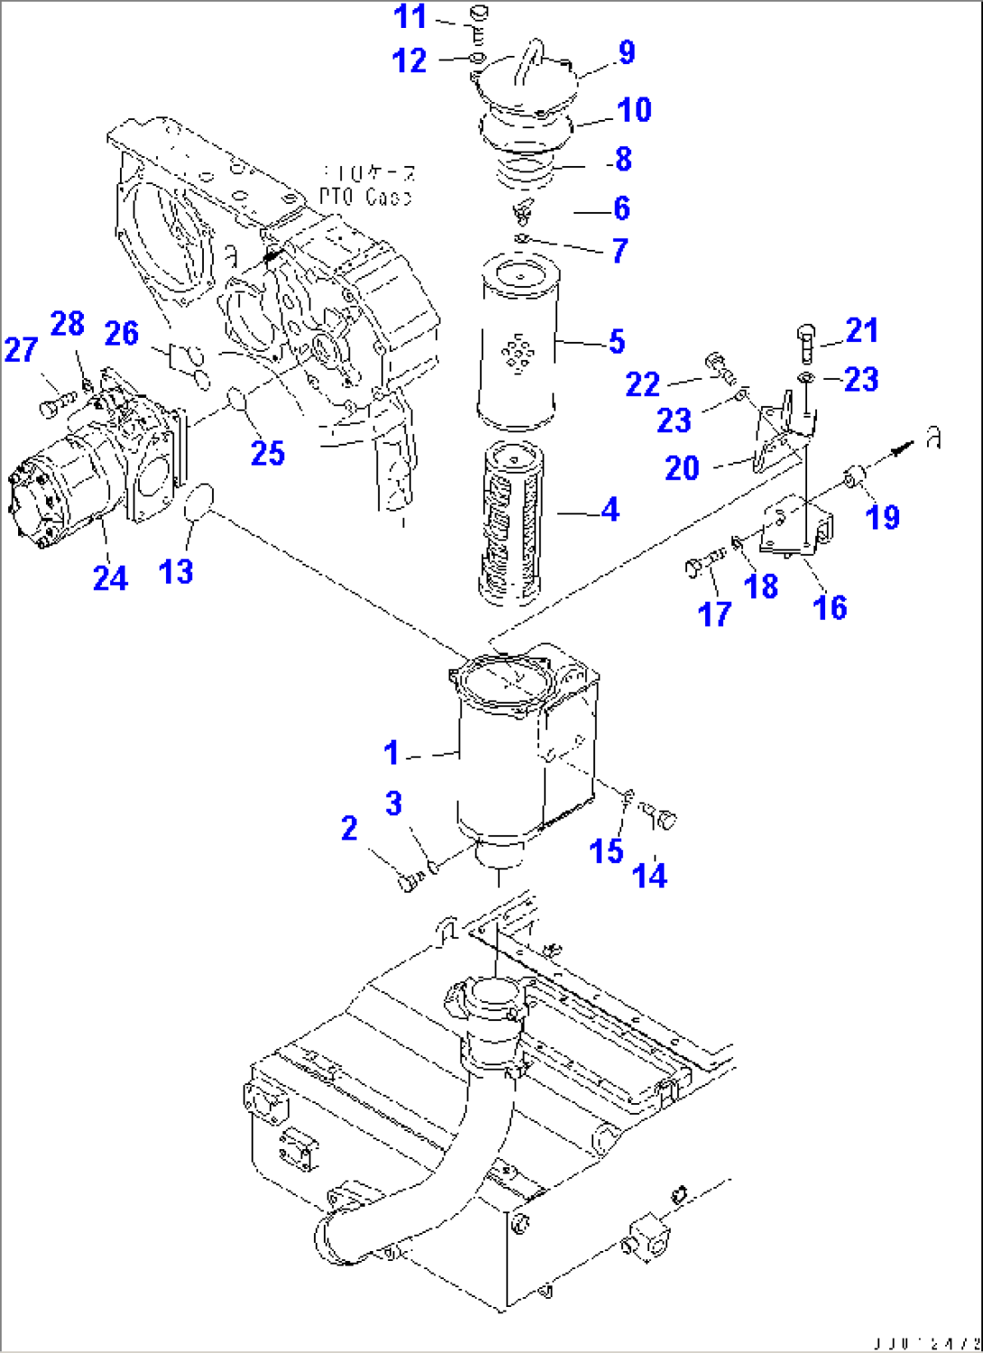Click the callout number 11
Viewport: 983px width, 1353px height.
click(x=409, y=17)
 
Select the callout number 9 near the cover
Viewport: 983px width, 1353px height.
click(x=626, y=52)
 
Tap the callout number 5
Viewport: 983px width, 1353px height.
click(x=616, y=342)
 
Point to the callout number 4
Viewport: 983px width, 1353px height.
click(x=611, y=511)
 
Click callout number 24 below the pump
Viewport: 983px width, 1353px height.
click(x=110, y=578)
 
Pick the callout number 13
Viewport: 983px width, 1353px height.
click(x=176, y=571)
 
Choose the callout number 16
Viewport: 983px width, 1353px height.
click(x=829, y=608)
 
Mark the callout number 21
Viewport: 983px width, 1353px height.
click(x=861, y=330)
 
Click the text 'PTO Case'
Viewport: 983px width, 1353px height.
click(x=364, y=197)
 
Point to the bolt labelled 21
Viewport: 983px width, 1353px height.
click(x=807, y=344)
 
